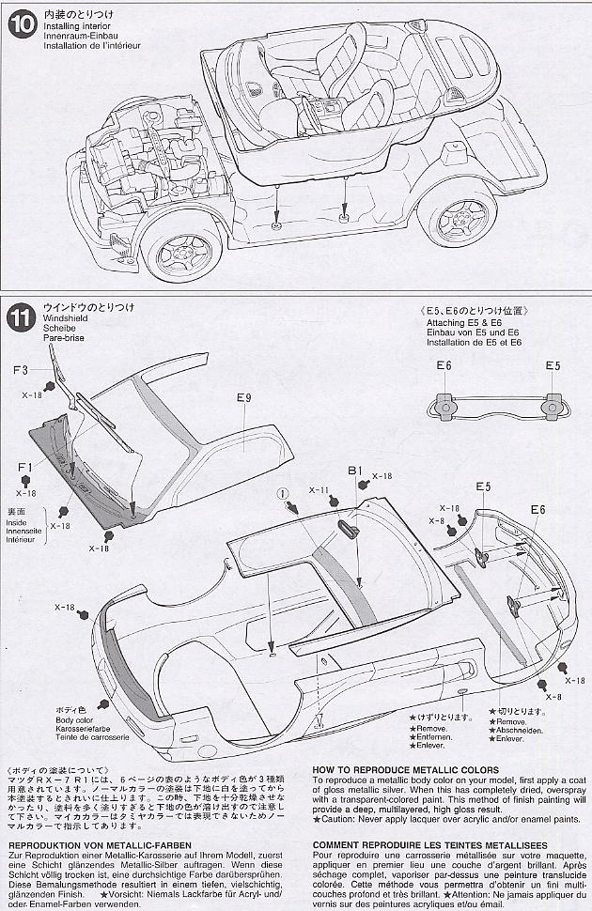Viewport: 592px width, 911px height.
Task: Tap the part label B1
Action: pyautogui.click(x=354, y=470)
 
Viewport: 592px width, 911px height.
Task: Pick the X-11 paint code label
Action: pyautogui.click(x=319, y=490)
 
